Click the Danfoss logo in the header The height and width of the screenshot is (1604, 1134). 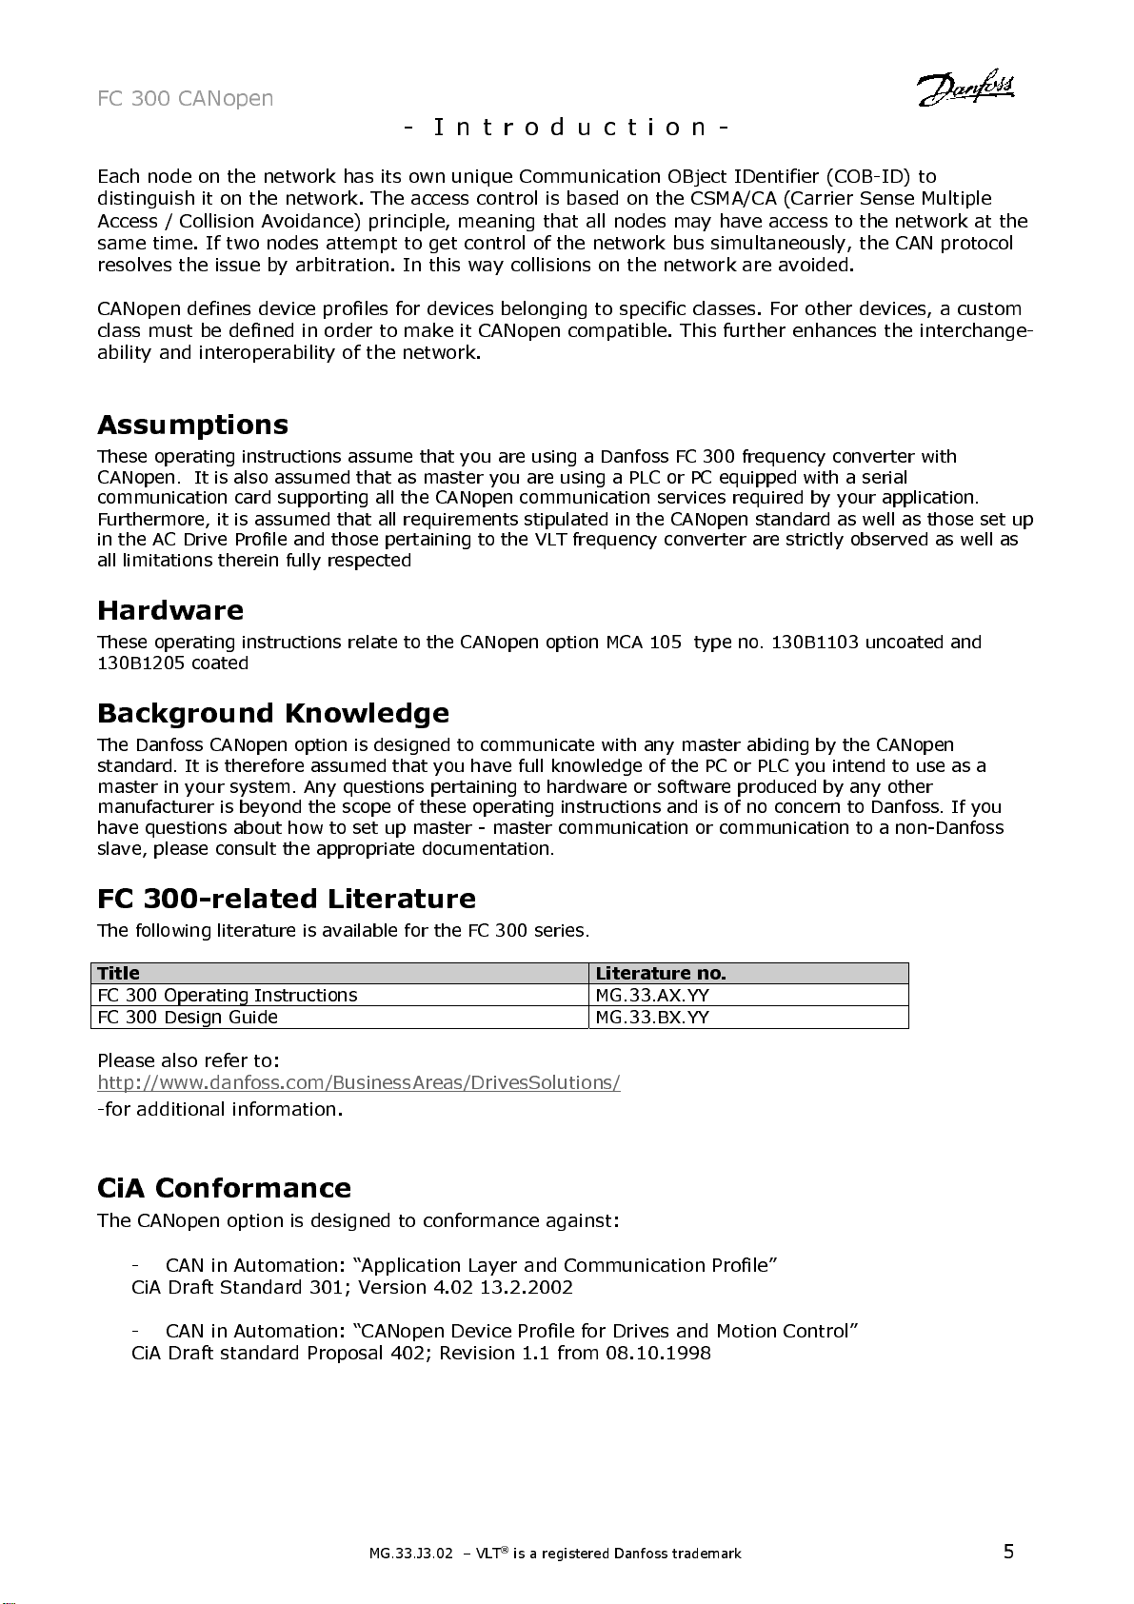tap(966, 88)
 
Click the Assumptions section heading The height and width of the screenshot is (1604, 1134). tap(192, 425)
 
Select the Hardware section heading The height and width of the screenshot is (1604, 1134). tap(170, 610)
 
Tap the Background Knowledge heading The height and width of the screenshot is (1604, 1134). tap(273, 713)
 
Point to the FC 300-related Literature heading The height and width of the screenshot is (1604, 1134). tap(287, 899)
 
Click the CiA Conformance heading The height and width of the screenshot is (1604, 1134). tap(224, 1188)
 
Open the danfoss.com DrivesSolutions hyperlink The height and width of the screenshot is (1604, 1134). tap(359, 1082)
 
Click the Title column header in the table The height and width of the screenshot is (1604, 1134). tap(119, 973)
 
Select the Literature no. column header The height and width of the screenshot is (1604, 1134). tap(661, 973)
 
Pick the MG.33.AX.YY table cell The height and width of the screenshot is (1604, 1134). tap(652, 995)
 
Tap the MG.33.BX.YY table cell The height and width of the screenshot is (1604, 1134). tap(652, 1017)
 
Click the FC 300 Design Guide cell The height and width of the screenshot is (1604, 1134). tap(188, 1017)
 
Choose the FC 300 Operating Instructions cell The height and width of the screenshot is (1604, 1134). tap(228, 995)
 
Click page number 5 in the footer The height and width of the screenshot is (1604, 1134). tap(1008, 1552)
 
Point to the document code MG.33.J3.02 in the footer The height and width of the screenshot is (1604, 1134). tap(411, 1554)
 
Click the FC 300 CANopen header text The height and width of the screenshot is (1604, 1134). tap(186, 99)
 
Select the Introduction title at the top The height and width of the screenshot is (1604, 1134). tap(567, 127)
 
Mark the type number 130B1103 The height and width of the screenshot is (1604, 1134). tap(815, 642)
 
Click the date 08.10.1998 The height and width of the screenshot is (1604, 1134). tap(658, 1353)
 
